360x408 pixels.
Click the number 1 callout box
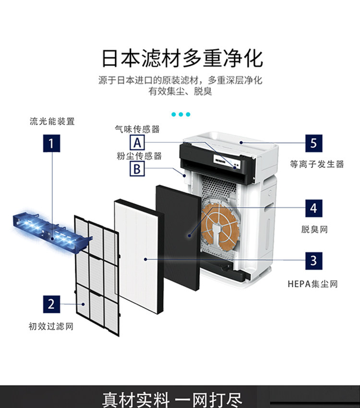pos(51,143)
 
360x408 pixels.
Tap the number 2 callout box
pos(51,303)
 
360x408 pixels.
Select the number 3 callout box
pos(313,260)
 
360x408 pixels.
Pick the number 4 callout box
pos(313,208)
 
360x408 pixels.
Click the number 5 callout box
pos(313,143)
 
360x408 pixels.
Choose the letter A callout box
pos(137,142)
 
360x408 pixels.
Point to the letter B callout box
pos(137,168)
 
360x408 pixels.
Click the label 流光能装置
pos(52,121)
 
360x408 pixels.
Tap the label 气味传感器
pos(137,129)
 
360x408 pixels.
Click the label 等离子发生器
pos(317,164)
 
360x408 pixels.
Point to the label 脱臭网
pos(314,229)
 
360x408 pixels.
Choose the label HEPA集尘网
pos(312,284)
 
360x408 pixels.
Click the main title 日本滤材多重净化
pos(182,58)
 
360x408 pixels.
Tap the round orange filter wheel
pos(220,225)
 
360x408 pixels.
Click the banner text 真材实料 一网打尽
pos(173,399)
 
